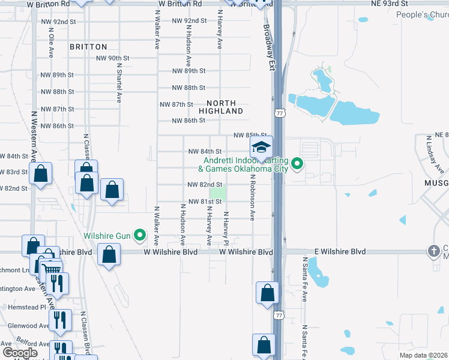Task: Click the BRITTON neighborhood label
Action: pyautogui.click(x=88, y=47)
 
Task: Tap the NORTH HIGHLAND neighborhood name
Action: pyautogui.click(x=226, y=107)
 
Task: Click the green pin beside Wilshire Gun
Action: pyautogui.click(x=140, y=235)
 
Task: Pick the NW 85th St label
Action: pyautogui.click(x=249, y=136)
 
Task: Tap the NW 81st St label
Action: pyautogui.click(x=205, y=202)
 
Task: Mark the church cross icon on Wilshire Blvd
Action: pyautogui.click(x=433, y=250)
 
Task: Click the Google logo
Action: pyautogui.click(x=20, y=353)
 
